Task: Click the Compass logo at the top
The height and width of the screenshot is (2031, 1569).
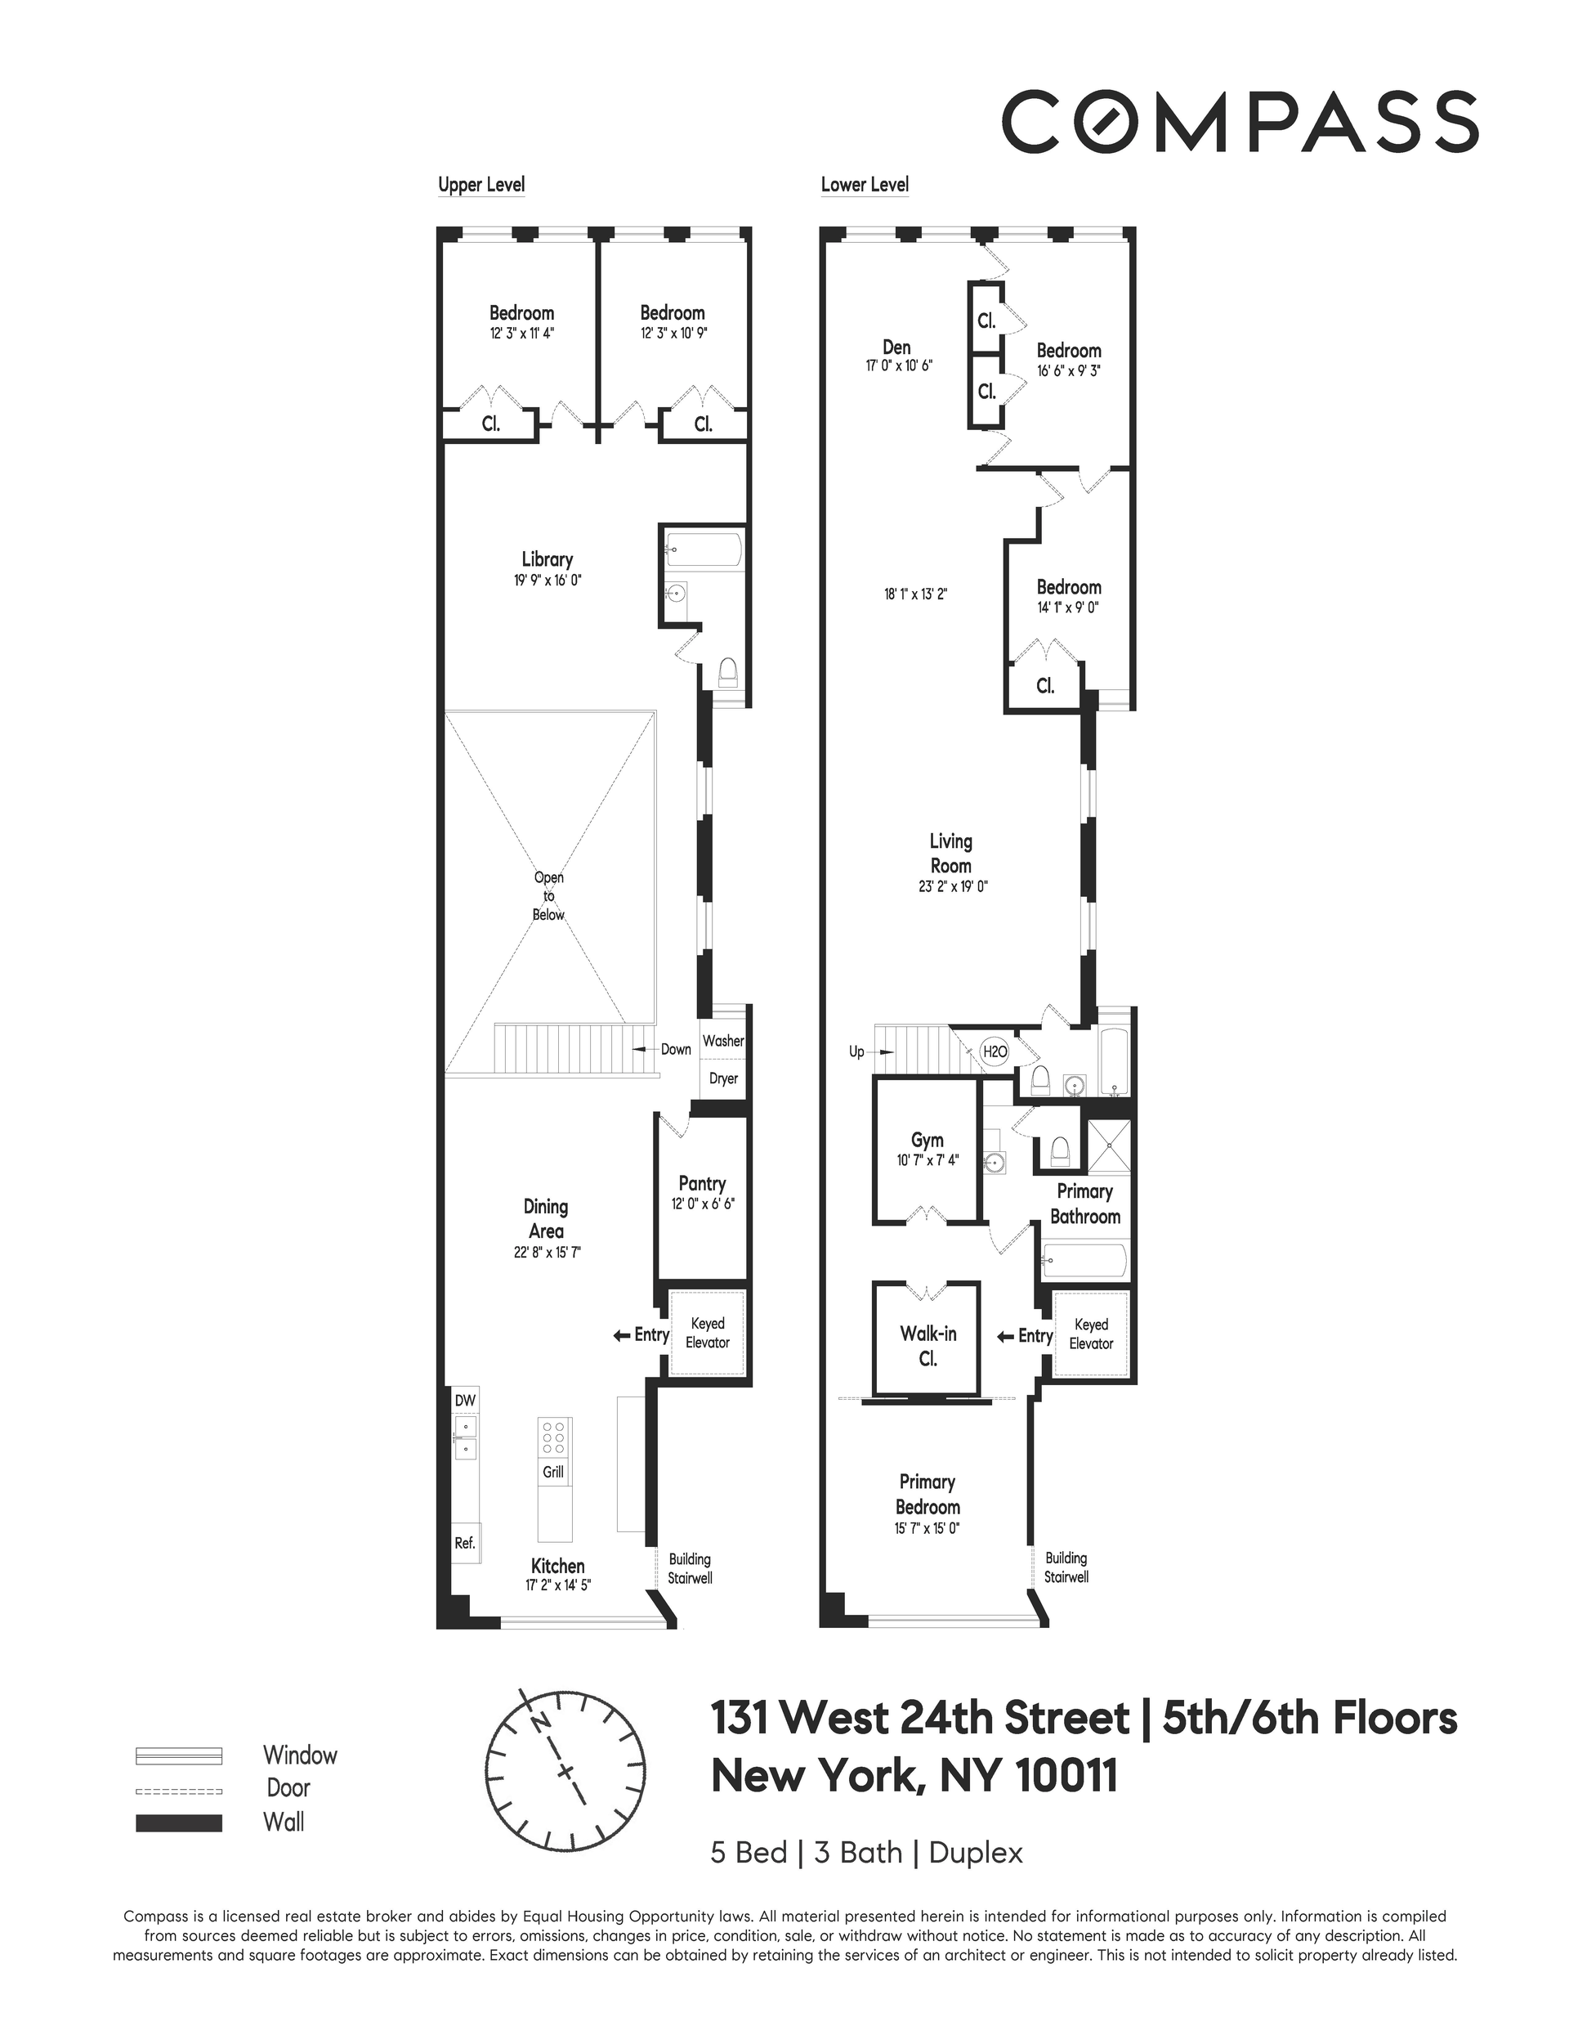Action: tap(1240, 121)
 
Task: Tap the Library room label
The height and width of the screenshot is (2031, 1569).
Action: tap(547, 559)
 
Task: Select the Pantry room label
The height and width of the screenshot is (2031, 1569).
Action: tap(702, 1183)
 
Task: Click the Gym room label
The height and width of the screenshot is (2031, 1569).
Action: tap(927, 1139)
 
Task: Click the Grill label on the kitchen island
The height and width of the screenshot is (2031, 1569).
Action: tap(554, 1471)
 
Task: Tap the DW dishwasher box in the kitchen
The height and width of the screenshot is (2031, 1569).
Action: tap(465, 1400)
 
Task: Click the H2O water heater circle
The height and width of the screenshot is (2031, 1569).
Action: tap(995, 1051)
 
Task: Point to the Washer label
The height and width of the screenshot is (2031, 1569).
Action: tap(723, 1041)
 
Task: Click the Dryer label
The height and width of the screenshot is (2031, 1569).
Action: tap(723, 1078)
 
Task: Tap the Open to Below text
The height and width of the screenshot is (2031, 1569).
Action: tap(548, 895)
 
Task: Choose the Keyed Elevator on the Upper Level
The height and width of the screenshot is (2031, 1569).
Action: tap(708, 1333)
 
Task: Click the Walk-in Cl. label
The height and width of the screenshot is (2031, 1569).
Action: tap(928, 1346)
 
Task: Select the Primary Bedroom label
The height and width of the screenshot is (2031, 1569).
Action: tap(928, 1494)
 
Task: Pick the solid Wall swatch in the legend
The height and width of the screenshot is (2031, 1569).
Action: tap(178, 1823)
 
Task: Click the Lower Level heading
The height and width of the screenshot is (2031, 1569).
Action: tap(865, 184)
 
